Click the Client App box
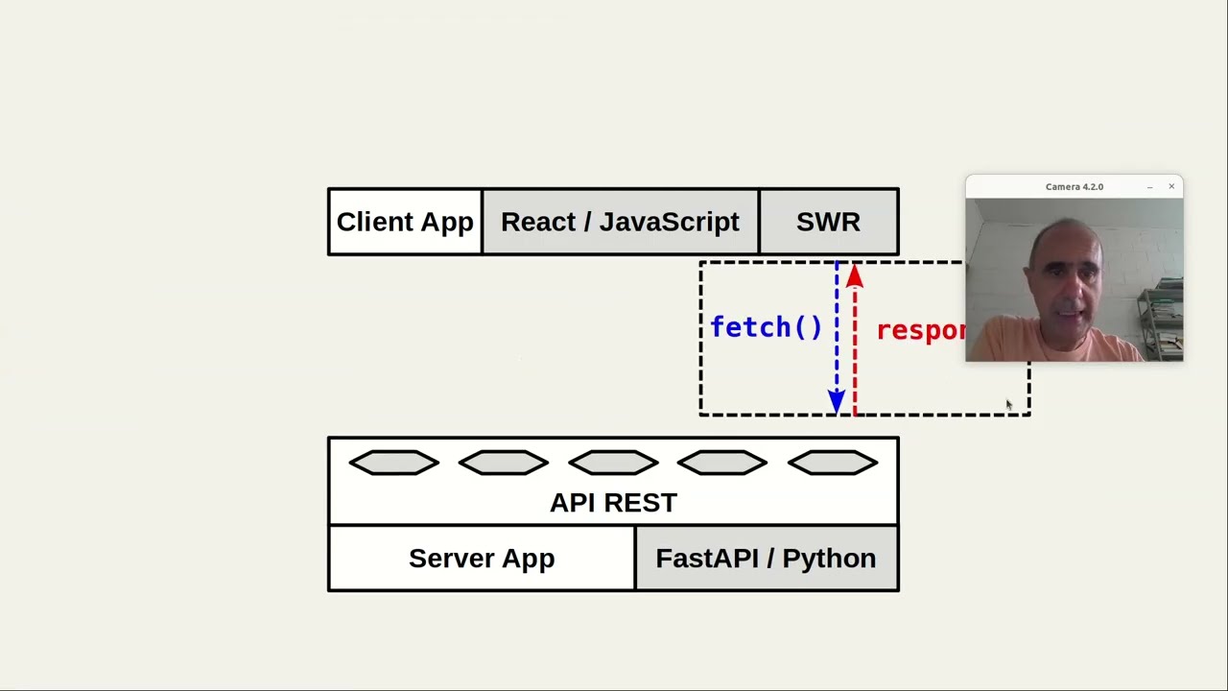[x=405, y=222]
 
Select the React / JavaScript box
[x=620, y=222]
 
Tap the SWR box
[x=828, y=222]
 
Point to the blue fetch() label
[x=766, y=327]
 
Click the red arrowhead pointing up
[x=855, y=277]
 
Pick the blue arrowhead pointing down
[x=837, y=402]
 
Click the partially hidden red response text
[x=920, y=330]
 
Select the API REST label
[x=613, y=502]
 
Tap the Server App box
[x=482, y=558]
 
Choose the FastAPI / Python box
[x=766, y=558]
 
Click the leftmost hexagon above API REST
[x=394, y=464]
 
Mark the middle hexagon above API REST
[x=613, y=464]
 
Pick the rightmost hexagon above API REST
[x=832, y=464]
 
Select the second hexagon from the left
[x=504, y=464]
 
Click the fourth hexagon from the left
[x=722, y=464]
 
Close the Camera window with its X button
[x=1171, y=186]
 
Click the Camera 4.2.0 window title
[x=1074, y=186]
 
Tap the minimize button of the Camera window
[x=1149, y=187]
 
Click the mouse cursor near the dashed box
[x=1008, y=406]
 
